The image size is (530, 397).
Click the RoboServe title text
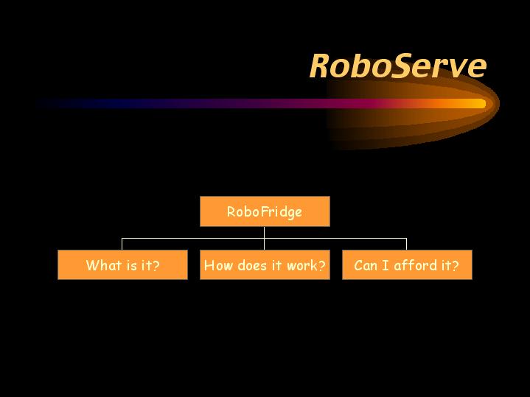[398, 66]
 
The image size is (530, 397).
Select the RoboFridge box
[265, 211]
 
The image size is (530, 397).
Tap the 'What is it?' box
[122, 264]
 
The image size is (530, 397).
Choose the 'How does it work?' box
[265, 264]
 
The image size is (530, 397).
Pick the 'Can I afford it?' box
[407, 264]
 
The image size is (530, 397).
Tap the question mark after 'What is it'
[156, 265]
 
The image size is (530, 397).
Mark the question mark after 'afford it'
[456, 265]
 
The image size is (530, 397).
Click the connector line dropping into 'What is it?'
[122, 244]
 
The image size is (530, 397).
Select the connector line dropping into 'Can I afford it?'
[406, 244]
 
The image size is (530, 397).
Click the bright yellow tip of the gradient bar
[480, 103]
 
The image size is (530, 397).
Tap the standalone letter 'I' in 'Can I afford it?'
[385, 266]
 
